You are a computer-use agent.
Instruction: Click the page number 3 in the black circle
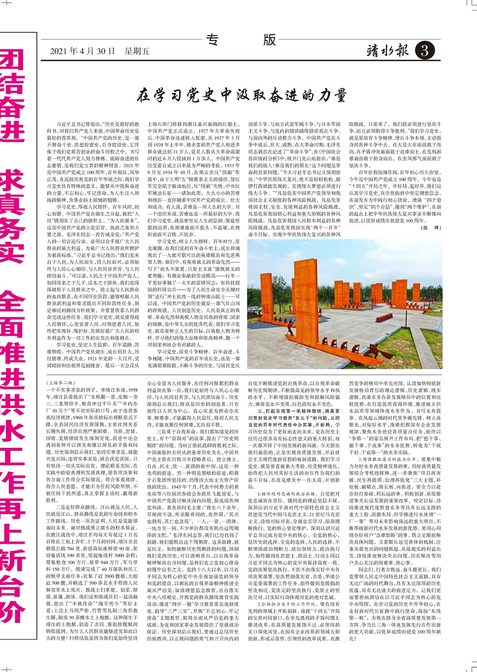pos(424,51)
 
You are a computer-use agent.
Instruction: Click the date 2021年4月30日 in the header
pos(83,51)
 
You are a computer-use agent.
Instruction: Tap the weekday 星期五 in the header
pos(137,51)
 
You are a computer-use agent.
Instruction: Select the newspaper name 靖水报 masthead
pos(388,50)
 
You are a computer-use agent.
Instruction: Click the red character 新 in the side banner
pos(12,560)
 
